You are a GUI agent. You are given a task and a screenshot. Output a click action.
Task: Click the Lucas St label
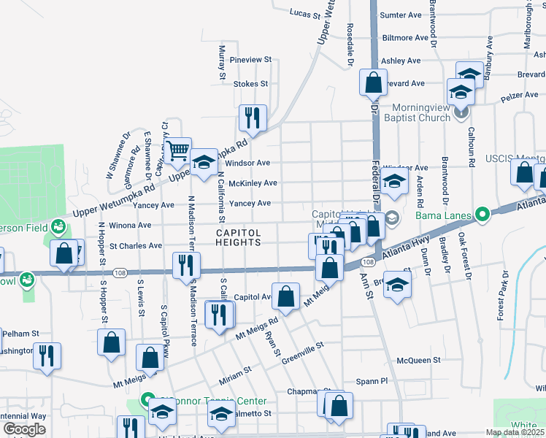[305, 13]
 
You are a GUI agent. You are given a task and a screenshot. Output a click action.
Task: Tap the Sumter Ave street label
[401, 15]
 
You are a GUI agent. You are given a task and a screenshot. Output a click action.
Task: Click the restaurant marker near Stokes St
[253, 118]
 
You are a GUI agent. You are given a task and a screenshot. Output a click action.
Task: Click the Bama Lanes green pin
[481, 215]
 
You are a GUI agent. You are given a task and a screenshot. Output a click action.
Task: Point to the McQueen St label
[418, 360]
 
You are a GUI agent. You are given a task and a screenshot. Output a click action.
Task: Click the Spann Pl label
[372, 381]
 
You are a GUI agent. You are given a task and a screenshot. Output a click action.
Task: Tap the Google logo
[24, 429]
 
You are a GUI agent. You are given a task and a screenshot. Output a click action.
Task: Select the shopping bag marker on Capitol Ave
[286, 296]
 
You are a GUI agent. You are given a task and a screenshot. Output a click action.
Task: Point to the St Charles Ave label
[136, 246]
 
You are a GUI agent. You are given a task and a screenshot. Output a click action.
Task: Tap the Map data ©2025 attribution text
[515, 432]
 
